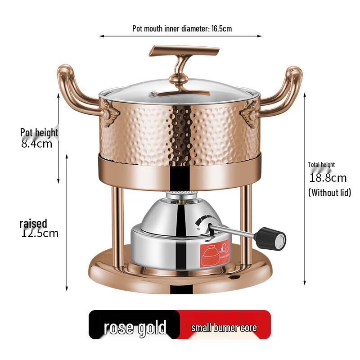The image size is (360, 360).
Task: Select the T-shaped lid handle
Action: pos(184,51)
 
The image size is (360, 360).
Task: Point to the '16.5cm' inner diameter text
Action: pos(221,29)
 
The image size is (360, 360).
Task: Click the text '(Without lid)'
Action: pos(329,193)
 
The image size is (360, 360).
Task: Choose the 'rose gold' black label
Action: pos(135,327)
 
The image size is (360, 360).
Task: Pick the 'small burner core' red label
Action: pos(224,327)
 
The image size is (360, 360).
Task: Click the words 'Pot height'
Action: pos(39,133)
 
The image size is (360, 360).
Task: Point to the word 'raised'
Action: pos(33,224)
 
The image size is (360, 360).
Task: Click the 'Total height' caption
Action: pos(321,165)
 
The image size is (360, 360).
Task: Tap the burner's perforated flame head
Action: pos(180,195)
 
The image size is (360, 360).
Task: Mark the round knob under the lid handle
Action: pos(178,81)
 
